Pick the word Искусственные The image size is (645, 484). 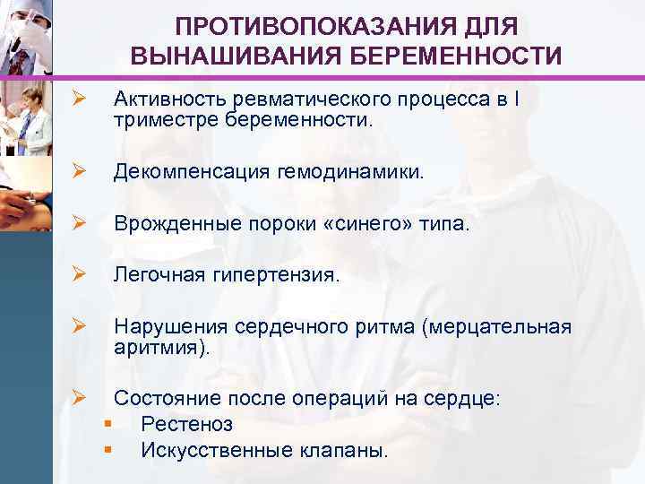[214, 449]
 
